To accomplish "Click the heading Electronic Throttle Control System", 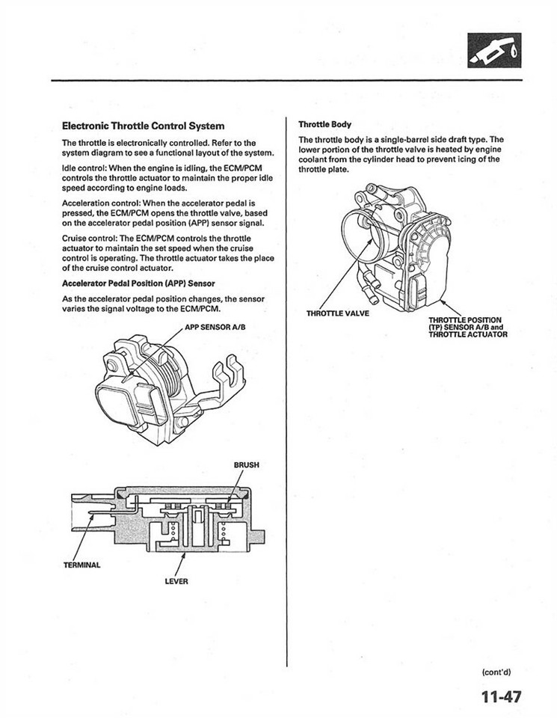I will [143, 126].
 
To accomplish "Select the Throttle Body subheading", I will [325, 124].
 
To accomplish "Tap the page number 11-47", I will [501, 697].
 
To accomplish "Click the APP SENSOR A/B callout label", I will [215, 327].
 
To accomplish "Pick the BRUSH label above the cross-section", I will [246, 464].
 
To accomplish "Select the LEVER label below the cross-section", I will [176, 582].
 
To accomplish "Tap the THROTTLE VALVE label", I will [337, 313].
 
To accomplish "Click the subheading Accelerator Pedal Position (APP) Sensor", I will [138, 283].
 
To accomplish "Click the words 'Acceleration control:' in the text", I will [105, 202].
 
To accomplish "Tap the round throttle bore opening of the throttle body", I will [361, 232].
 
